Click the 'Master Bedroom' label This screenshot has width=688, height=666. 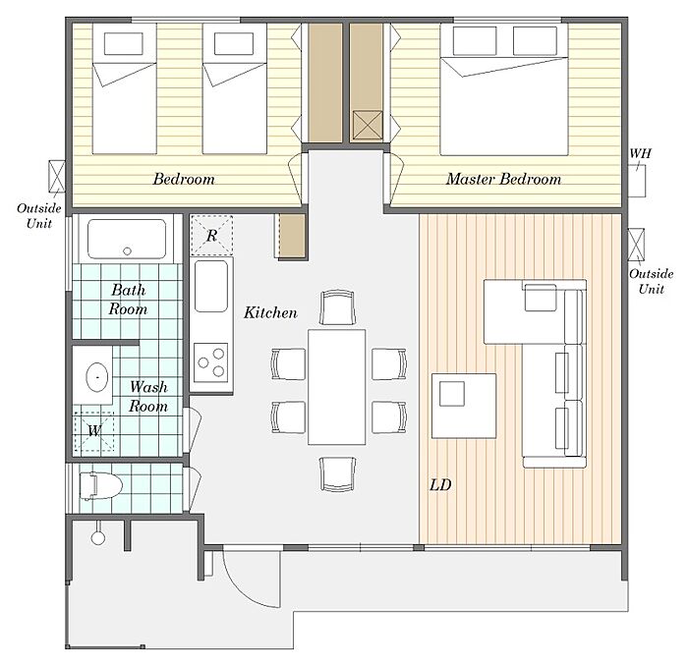(x=503, y=179)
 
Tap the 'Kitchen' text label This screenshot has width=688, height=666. (x=270, y=312)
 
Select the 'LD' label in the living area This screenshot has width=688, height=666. (x=440, y=485)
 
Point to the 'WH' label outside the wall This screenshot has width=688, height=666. (x=640, y=153)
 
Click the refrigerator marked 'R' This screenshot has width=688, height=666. (x=211, y=236)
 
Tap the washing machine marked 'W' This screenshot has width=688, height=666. (x=94, y=431)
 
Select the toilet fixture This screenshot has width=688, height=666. (x=100, y=486)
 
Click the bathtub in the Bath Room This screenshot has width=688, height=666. (x=127, y=239)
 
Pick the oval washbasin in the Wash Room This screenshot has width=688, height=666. (x=97, y=377)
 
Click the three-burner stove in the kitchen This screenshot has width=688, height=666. (x=211, y=362)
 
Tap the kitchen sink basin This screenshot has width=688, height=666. (x=211, y=286)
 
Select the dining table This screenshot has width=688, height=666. (x=336, y=387)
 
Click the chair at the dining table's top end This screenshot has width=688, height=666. (x=337, y=307)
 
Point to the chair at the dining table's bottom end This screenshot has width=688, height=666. (x=337, y=474)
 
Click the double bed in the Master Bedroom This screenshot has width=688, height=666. (x=504, y=89)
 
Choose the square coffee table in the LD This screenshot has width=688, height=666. (x=464, y=406)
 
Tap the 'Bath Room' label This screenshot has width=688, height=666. (x=128, y=300)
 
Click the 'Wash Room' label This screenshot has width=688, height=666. (x=148, y=396)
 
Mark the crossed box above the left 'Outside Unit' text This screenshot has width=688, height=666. (x=57, y=176)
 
